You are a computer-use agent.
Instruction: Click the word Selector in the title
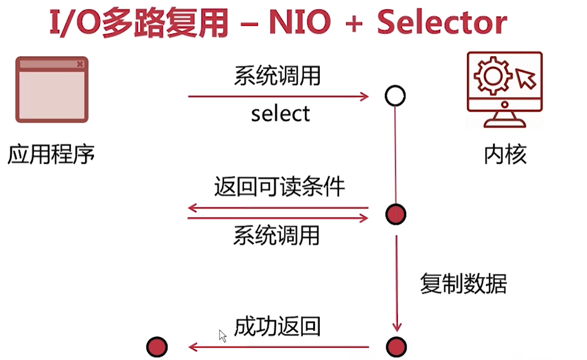pyautogui.click(x=442, y=23)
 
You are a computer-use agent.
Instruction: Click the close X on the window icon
pyautogui.click(x=79, y=64)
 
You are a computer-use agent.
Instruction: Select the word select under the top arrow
pyautogui.click(x=280, y=113)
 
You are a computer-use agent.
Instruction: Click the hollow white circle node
pyautogui.click(x=395, y=96)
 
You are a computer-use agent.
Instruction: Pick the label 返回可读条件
pyautogui.click(x=279, y=188)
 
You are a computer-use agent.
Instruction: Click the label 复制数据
pyautogui.click(x=463, y=284)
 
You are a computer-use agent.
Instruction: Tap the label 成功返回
pyautogui.click(x=277, y=327)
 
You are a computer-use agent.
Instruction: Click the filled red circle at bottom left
pyautogui.click(x=157, y=346)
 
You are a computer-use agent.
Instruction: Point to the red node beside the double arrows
pyautogui.click(x=396, y=215)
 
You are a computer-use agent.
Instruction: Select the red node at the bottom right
pyautogui.click(x=396, y=346)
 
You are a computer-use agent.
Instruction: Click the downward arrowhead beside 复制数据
pyautogui.click(x=397, y=327)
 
